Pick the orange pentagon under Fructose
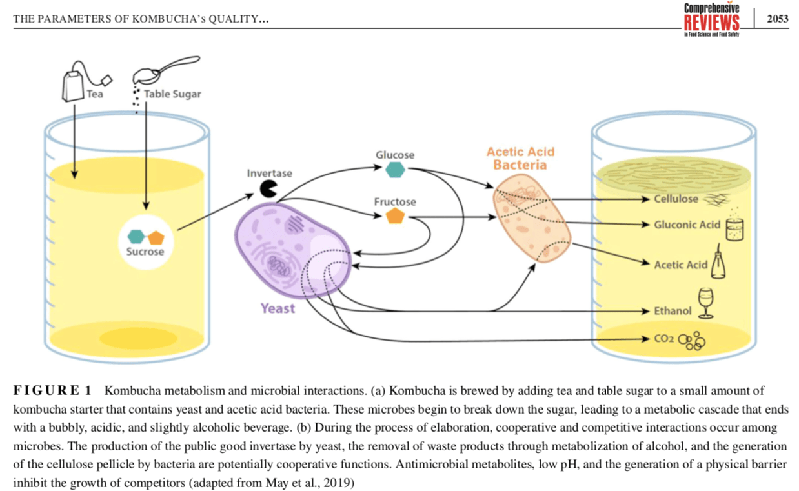point(394,217)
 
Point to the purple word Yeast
point(278,308)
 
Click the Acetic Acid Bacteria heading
point(520,159)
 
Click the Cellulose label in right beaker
point(676,199)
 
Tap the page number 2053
point(777,19)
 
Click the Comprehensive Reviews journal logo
point(712,19)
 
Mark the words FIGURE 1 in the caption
point(52,390)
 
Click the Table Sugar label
point(172,94)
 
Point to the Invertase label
point(269,173)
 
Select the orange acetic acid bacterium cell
point(532,220)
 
